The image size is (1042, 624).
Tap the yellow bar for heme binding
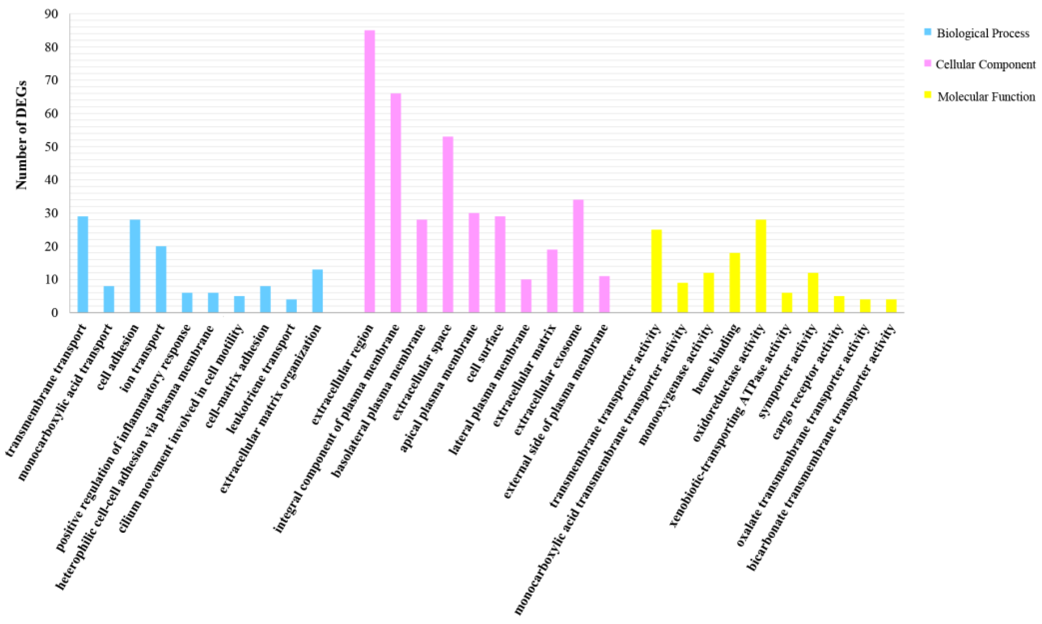pyautogui.click(x=735, y=283)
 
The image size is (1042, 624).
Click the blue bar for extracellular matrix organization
pyautogui.click(x=317, y=291)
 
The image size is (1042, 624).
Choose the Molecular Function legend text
pyautogui.click(x=986, y=97)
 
